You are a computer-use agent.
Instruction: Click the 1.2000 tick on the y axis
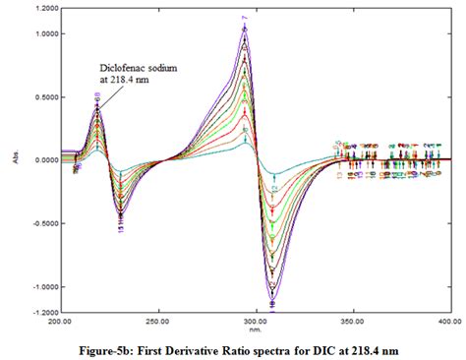(x=42, y=8)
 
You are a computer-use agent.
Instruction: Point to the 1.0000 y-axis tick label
(x=42, y=33)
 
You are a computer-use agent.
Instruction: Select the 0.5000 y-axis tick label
(x=42, y=96)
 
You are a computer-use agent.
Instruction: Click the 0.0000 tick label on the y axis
(x=42, y=159)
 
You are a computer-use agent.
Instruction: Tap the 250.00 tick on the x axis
(x=157, y=321)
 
